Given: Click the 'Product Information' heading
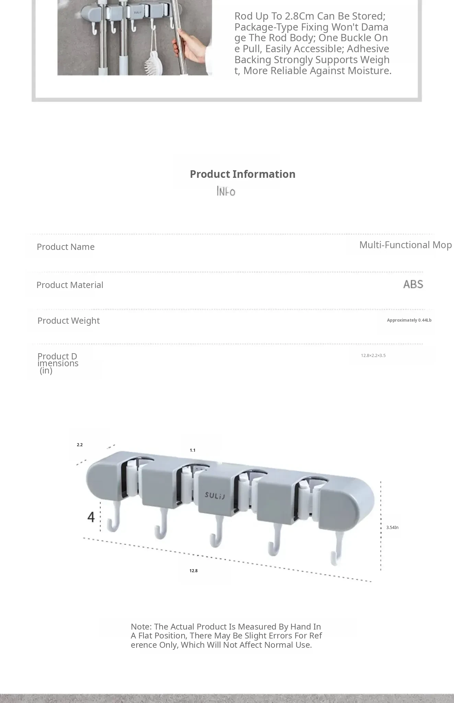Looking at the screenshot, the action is (243, 174).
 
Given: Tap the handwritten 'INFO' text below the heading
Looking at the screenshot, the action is (226, 191).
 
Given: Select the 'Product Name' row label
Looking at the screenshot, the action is (66, 247).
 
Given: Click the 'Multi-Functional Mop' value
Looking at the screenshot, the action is (405, 245).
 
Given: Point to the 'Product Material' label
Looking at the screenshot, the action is (70, 285).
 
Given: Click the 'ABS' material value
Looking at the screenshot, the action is (413, 284).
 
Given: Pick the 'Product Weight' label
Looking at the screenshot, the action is (69, 321).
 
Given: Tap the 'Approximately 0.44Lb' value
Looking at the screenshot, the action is (409, 320).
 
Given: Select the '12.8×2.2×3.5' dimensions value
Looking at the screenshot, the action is (373, 356).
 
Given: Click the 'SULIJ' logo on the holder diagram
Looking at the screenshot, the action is (215, 496).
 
